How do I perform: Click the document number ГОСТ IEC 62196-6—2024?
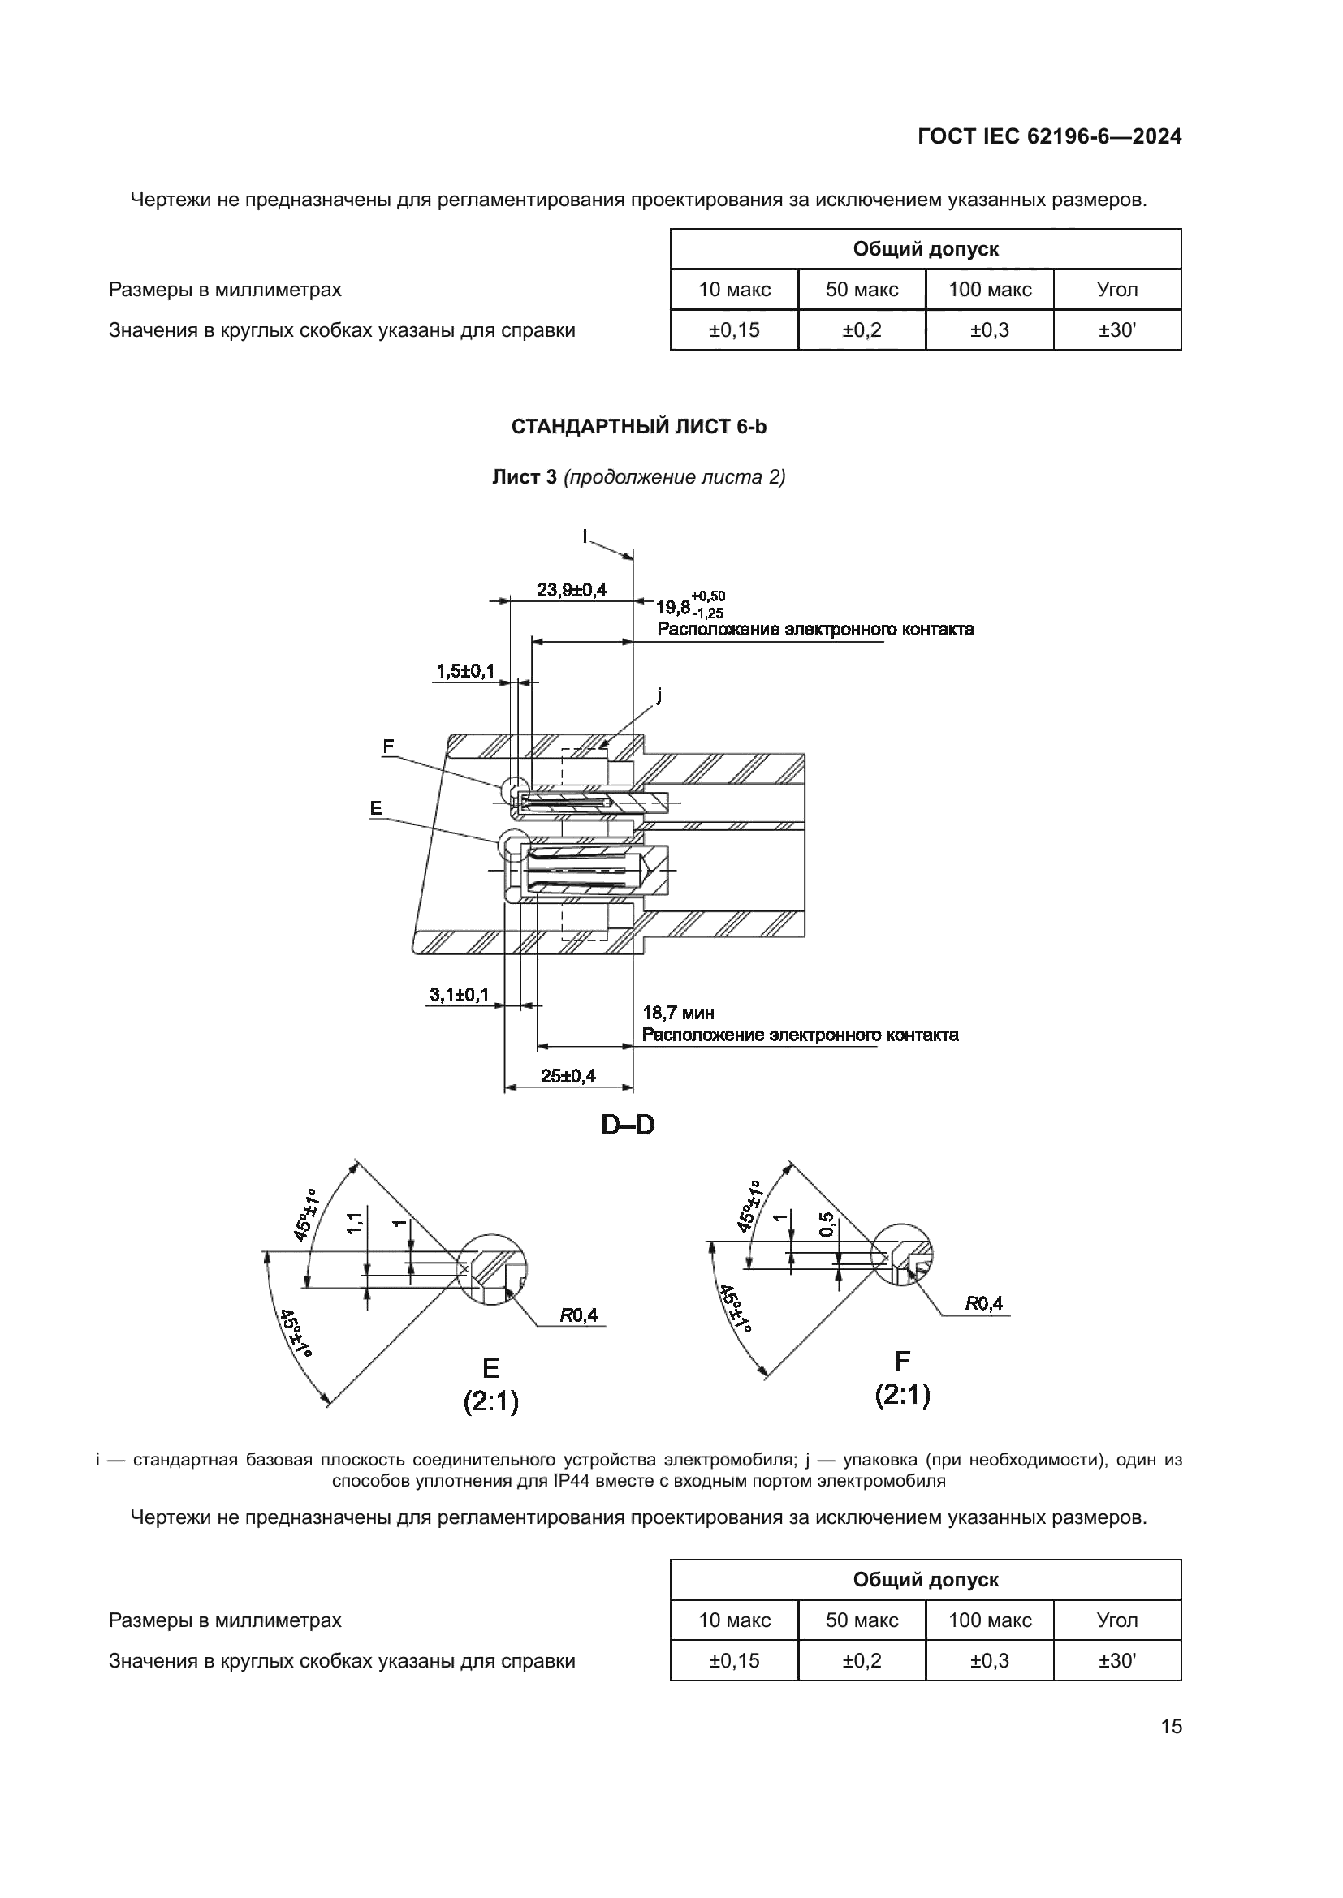pos(1048,136)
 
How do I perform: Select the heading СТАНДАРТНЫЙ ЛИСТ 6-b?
pos(638,427)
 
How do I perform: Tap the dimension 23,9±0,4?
pos(572,589)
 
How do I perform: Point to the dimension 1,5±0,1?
pos(464,670)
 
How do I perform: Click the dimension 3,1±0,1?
pos(459,995)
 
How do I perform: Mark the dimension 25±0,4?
pos(568,1075)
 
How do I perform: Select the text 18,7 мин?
pos(678,1013)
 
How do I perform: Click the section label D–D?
pos(628,1125)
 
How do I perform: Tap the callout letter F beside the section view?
pos(388,747)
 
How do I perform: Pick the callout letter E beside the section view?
pos(376,808)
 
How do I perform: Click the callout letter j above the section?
pos(659,695)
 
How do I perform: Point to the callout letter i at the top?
pos(585,536)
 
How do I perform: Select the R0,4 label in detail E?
pos(579,1315)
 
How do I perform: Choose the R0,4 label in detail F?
pos(984,1304)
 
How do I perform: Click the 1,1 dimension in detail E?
pos(354,1224)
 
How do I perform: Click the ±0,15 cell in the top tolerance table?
pos(733,330)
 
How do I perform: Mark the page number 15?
pos(1171,1726)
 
